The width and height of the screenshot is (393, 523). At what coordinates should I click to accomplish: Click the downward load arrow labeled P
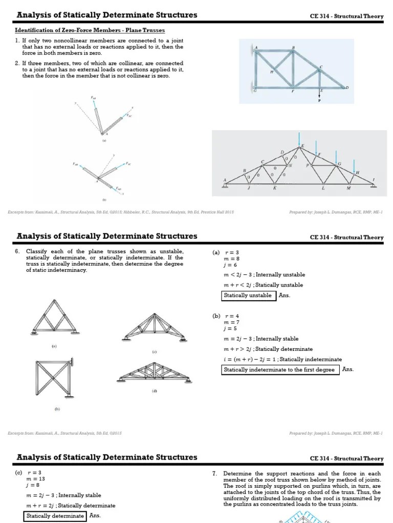(x=320, y=95)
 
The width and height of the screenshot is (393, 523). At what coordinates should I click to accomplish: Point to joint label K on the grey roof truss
(x=274, y=188)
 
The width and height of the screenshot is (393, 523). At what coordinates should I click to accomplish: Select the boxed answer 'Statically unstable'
(x=248, y=295)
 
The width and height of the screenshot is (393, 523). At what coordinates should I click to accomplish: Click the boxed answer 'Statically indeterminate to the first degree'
(x=279, y=370)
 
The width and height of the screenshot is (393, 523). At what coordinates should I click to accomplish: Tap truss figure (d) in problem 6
(x=154, y=373)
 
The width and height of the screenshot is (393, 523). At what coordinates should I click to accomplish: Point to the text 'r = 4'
(x=232, y=316)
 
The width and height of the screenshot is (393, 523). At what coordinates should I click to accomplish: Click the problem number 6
(x=17, y=252)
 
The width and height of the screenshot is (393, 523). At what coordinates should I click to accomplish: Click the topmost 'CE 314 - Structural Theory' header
(x=346, y=16)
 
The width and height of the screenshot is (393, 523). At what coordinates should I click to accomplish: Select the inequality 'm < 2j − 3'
(x=241, y=275)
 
